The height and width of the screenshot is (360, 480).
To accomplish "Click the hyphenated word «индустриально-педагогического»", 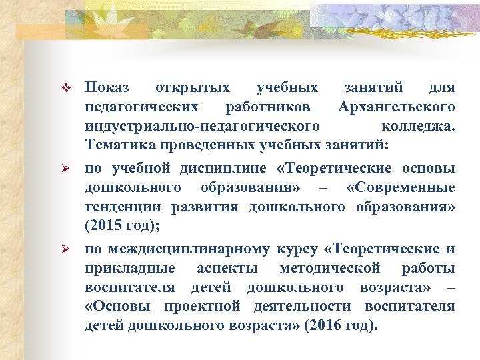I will point(201,126).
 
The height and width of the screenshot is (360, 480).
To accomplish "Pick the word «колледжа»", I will point(419,126).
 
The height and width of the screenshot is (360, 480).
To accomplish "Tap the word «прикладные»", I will point(131,268).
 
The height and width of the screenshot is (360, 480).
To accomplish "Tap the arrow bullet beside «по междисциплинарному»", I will point(65,249).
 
